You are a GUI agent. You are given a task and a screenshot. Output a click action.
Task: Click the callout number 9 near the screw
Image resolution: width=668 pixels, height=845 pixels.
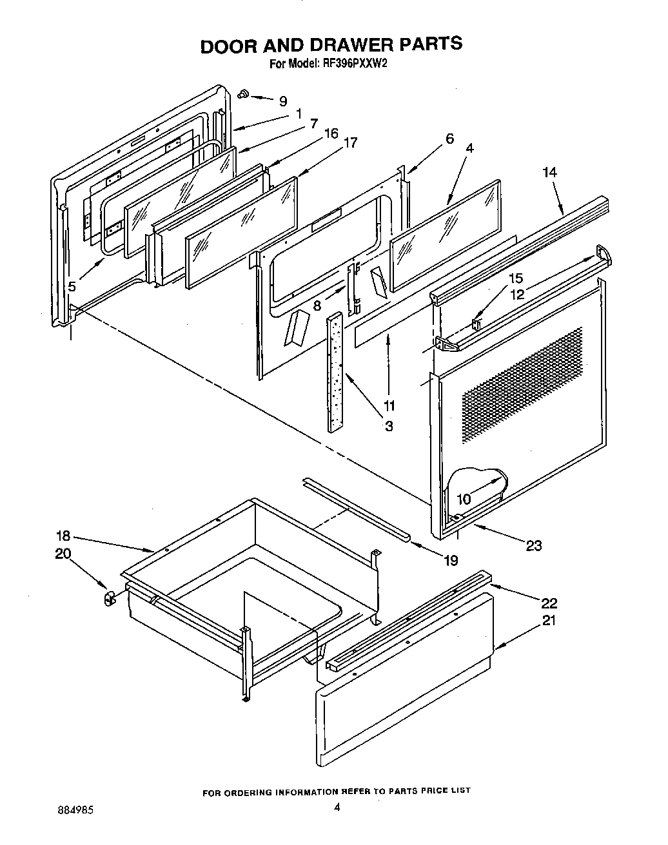(283, 101)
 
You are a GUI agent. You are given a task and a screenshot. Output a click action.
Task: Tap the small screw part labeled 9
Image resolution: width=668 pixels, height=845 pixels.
(244, 94)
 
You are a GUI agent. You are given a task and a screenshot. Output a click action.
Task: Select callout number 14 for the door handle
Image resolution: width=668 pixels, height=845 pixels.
(549, 173)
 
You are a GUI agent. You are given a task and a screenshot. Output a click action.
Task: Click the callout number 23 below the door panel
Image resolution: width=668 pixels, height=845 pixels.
(533, 546)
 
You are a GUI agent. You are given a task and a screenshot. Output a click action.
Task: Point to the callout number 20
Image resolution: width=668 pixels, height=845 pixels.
(64, 554)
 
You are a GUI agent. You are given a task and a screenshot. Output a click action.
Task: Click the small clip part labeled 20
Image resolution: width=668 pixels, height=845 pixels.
(108, 598)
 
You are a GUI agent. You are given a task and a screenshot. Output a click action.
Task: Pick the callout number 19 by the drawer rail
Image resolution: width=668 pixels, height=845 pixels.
(450, 560)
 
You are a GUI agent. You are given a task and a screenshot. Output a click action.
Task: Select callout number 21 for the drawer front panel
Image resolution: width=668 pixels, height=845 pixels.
(549, 620)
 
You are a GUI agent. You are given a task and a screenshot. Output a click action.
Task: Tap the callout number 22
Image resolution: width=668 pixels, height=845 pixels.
(549, 603)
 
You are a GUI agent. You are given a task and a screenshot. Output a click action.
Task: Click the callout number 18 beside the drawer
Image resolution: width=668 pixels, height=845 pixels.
(63, 536)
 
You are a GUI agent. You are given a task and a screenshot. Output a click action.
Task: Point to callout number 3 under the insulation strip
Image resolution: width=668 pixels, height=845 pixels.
(389, 425)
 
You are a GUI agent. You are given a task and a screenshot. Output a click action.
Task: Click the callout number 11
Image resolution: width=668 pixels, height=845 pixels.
(389, 406)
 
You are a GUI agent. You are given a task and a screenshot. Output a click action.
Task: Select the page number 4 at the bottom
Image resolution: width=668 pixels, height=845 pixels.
(336, 806)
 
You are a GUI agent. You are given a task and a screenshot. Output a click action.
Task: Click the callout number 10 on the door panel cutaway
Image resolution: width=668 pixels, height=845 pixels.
(464, 499)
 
